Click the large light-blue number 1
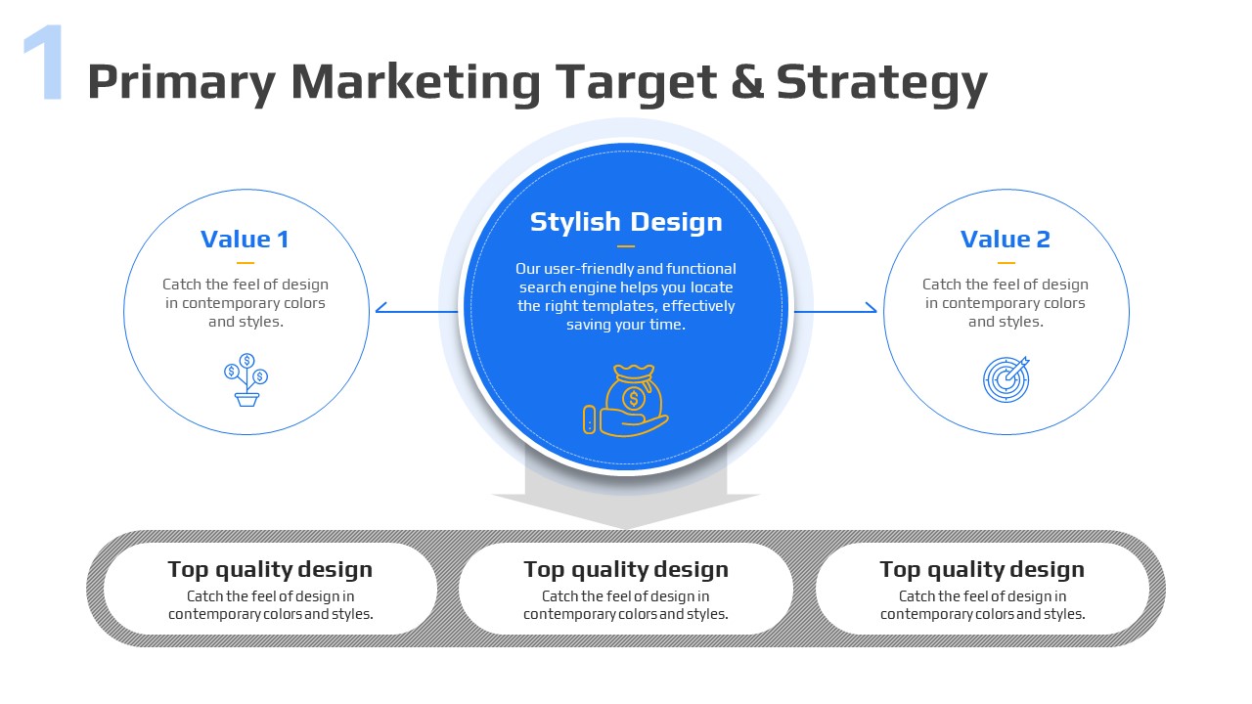(x=44, y=62)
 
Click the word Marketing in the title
(x=416, y=83)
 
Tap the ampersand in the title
(x=746, y=81)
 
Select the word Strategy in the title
(x=881, y=84)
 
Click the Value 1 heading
(x=245, y=240)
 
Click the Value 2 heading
(x=1006, y=240)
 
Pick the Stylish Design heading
(x=626, y=222)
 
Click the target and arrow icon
(x=1006, y=379)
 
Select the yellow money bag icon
(x=625, y=401)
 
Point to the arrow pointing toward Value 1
(x=417, y=309)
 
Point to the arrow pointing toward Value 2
(x=835, y=309)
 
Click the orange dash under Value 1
(x=246, y=263)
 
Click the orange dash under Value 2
(x=1006, y=263)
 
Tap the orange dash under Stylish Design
(x=626, y=245)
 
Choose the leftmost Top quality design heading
(x=270, y=570)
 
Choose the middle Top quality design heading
(x=626, y=570)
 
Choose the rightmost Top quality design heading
(x=982, y=570)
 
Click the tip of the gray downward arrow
(x=626, y=528)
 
